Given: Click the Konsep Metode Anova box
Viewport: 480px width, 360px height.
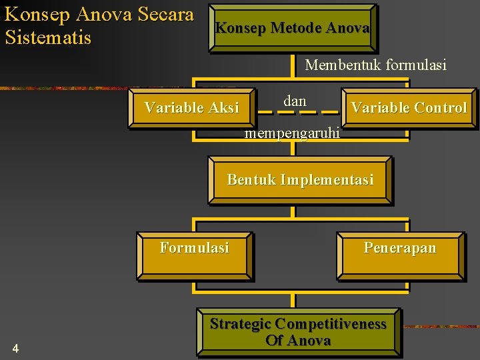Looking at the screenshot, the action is pos(293,29).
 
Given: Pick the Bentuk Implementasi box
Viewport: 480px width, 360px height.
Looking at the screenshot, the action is pos(300,180).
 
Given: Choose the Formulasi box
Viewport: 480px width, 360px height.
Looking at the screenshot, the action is pos(195,255).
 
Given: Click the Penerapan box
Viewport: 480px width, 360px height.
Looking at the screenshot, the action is pos(400,255).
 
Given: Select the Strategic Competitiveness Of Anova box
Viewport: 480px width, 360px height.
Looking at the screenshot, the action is pos(298,332).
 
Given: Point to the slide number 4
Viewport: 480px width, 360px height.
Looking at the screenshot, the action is pos(15,349).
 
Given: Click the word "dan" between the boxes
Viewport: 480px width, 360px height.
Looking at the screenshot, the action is pos(295,101).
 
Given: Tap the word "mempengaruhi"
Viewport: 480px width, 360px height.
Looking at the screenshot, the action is pos(293,133).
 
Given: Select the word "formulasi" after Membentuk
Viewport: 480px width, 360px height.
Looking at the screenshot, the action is pos(414,65).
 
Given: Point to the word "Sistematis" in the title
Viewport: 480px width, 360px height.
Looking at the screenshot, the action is pos(48,37).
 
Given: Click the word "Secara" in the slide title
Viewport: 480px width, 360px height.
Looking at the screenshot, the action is pos(164,14).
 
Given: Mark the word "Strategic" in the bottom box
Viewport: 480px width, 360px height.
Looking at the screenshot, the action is pos(241,324).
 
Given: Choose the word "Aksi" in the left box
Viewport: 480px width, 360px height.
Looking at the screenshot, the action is pos(223,108).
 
